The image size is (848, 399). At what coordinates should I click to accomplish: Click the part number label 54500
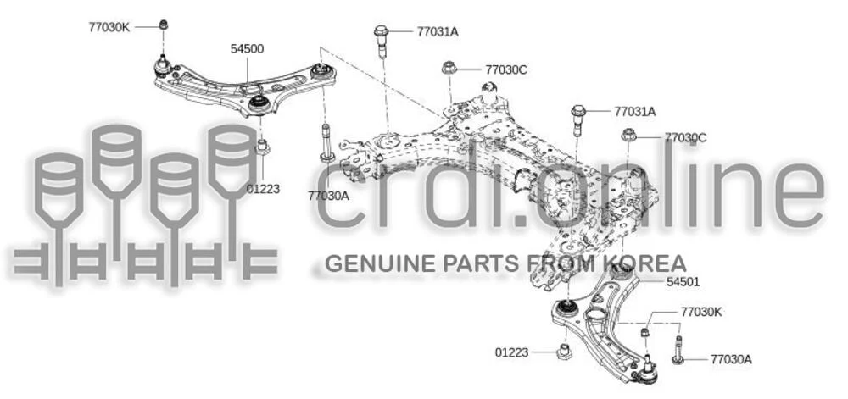247,49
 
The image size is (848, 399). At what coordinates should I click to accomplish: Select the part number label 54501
683,282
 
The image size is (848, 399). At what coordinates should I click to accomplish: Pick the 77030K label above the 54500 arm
109,27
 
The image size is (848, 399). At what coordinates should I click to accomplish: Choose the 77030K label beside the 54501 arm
701,312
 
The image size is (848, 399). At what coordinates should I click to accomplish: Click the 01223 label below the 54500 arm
263,189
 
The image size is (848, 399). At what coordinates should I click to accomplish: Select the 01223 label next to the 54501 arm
511,352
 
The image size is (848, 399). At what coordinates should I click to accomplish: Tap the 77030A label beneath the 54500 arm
328,196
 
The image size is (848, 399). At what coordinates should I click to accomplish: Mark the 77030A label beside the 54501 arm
731,358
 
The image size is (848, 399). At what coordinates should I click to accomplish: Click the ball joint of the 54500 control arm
162,66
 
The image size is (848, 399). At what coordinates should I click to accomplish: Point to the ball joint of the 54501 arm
647,370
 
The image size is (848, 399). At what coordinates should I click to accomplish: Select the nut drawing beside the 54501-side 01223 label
564,352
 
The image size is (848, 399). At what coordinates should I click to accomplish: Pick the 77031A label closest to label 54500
438,31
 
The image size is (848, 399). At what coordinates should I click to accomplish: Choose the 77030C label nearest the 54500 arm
506,69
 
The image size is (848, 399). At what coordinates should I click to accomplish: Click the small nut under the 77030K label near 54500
164,25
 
